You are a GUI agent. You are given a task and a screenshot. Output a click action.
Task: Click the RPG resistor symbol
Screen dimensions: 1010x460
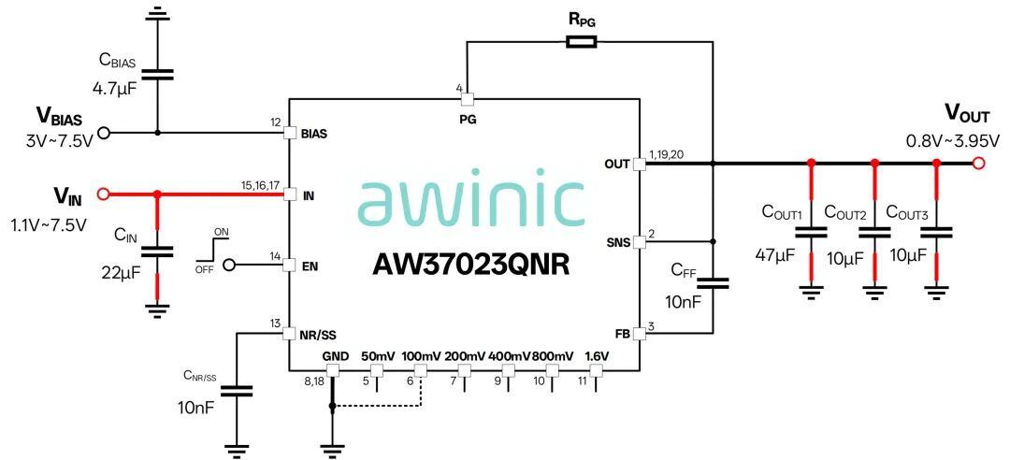tap(581, 42)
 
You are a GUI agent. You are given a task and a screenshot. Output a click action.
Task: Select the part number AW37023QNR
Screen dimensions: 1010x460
tap(470, 265)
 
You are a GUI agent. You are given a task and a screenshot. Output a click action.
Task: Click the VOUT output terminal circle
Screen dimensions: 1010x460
tap(978, 163)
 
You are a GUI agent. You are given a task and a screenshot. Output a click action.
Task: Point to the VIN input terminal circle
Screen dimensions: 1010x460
tap(102, 194)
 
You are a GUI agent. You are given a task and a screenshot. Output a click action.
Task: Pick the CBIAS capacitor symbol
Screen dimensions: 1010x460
tap(156, 74)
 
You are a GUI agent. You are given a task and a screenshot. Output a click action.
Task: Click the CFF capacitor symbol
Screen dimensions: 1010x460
tap(713, 283)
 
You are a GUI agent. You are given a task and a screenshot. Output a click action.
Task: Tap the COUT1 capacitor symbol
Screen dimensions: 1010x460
tap(811, 232)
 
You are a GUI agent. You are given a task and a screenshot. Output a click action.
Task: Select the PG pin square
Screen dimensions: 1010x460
tap(467, 99)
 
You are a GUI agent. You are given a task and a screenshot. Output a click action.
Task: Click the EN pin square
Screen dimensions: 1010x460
tap(289, 265)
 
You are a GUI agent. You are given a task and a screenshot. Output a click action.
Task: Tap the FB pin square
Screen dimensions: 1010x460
tap(639, 333)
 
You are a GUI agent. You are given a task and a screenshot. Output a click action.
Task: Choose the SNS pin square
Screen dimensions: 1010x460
tap(639, 241)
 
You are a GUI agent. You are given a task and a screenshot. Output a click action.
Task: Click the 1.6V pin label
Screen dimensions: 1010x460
tap(597, 355)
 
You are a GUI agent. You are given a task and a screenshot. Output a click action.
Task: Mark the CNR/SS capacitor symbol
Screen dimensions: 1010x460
tap(237, 391)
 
